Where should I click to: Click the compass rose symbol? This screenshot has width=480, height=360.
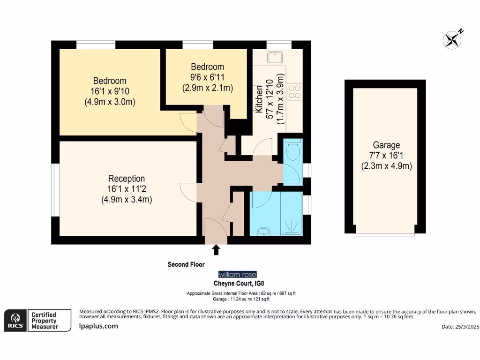452,39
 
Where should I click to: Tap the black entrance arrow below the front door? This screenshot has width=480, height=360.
216,250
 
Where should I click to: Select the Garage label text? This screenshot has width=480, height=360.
386,145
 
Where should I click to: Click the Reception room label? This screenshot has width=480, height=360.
127,179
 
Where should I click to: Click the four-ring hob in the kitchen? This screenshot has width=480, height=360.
295,91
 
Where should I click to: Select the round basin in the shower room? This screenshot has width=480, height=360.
264,231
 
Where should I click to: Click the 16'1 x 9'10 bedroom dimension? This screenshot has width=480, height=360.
110,91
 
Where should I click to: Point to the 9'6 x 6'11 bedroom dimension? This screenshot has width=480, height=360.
207,77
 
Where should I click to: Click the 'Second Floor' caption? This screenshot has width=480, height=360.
186,264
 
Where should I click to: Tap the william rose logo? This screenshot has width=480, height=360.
238,275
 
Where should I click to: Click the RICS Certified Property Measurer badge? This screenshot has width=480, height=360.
38,320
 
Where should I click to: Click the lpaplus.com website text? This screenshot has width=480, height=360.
98,326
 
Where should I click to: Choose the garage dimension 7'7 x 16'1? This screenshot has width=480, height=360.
386,156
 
